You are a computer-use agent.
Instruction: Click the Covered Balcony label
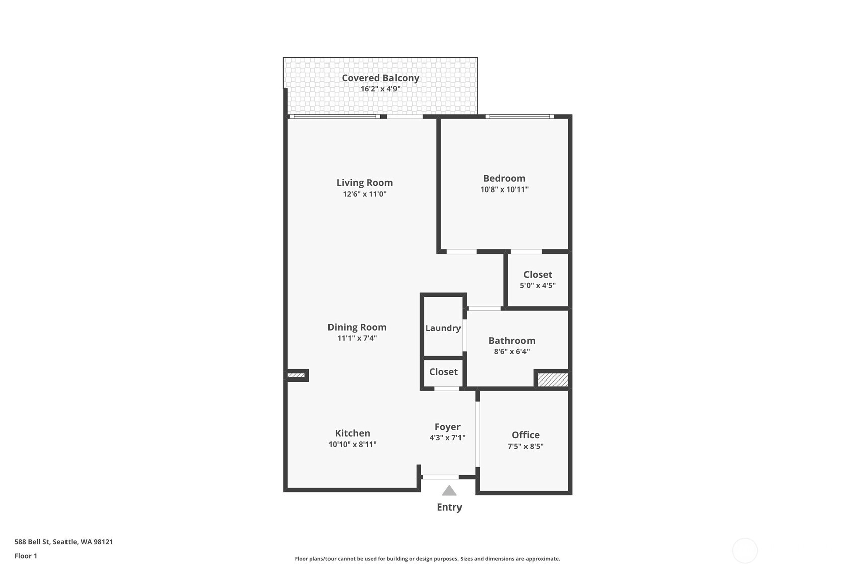coord(380,78)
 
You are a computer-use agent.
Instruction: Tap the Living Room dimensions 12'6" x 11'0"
coord(364,194)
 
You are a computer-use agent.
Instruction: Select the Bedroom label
coord(504,179)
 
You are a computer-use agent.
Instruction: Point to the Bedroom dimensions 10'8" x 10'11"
coord(504,189)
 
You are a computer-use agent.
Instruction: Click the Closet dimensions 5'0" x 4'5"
coord(538,286)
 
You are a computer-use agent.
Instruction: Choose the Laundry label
coord(443,328)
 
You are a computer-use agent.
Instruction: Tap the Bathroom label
coord(512,341)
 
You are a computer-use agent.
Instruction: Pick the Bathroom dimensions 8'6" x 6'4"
coord(512,352)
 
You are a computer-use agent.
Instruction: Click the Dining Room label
coord(357,327)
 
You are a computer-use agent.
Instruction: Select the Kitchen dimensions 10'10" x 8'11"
coord(353,445)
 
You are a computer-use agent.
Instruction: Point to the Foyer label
coord(447,427)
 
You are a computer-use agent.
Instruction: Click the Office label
coord(525,435)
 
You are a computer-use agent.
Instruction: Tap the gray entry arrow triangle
coord(449,491)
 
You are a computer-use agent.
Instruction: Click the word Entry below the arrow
coord(449,508)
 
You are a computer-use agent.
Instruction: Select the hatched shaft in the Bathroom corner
coord(553,380)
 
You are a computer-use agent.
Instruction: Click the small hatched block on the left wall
coord(296,375)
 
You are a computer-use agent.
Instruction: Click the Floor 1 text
coord(26,556)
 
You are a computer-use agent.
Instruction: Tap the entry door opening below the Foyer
coord(440,477)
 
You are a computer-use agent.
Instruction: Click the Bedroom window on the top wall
coord(519,117)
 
